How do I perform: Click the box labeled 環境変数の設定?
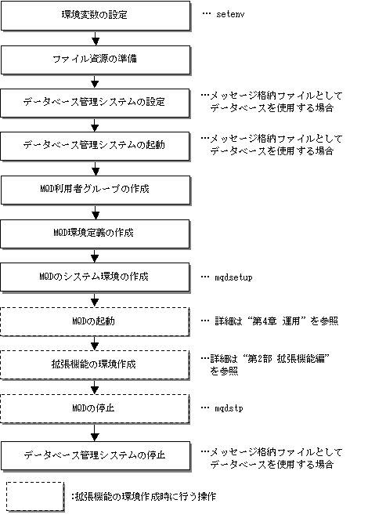[96, 16]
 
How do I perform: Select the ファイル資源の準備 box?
[96, 60]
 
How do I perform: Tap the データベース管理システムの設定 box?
[95, 103]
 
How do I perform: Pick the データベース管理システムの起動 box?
[95, 146]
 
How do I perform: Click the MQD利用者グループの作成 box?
[96, 190]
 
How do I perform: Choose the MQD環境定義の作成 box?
[95, 234]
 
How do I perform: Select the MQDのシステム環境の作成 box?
[95, 277]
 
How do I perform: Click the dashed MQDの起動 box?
[95, 321]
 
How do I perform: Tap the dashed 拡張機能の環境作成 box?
[95, 364]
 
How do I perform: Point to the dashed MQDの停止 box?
[95, 408]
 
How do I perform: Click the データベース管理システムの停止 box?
[96, 455]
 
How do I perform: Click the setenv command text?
[230, 14]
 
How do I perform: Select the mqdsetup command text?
[233, 277]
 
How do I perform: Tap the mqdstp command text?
[229, 408]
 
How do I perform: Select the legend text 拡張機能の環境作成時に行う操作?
[144, 497]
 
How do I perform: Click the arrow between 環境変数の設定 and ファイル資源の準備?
[96, 38]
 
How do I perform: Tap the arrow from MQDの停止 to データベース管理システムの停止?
[95, 433]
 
